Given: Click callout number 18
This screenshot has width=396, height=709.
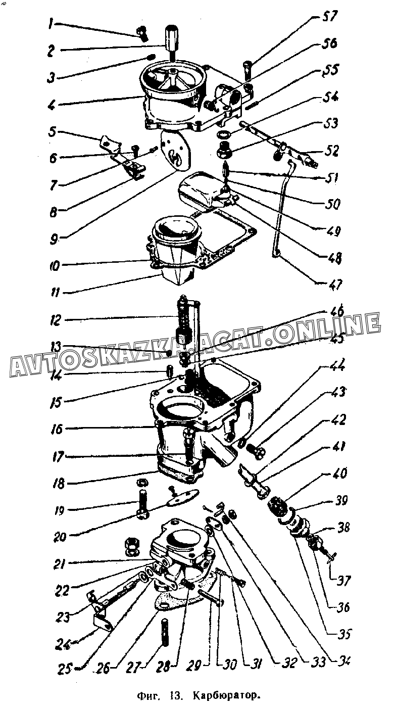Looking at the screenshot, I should (59, 484).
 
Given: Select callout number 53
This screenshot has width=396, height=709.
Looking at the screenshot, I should (331, 123).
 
